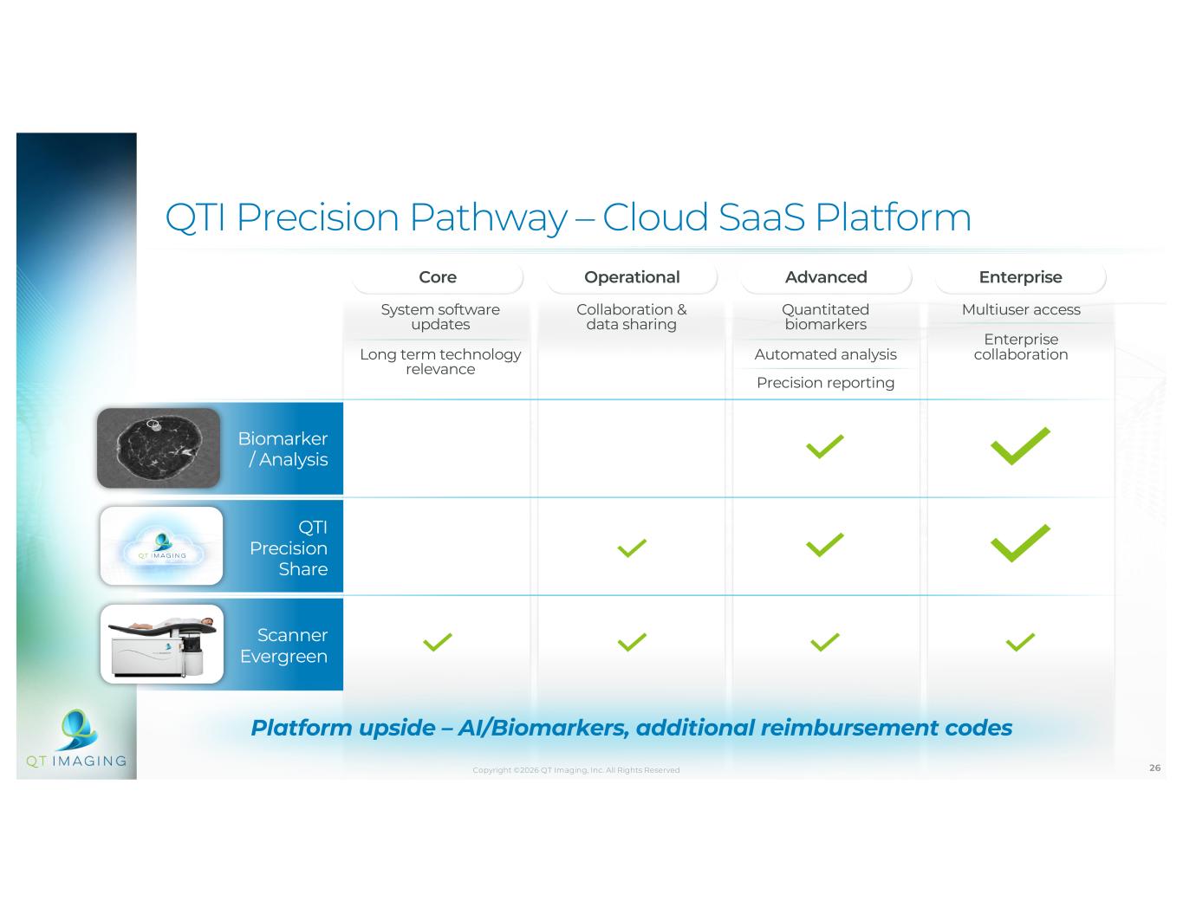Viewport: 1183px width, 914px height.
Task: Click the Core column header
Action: (x=438, y=277)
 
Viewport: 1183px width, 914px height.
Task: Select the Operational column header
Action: (x=632, y=277)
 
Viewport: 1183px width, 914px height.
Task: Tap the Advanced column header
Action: (x=826, y=277)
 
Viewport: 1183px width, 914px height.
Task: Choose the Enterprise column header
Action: (x=1020, y=277)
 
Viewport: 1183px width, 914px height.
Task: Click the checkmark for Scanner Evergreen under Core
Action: (x=437, y=642)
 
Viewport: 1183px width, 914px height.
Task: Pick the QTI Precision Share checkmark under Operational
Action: (x=632, y=548)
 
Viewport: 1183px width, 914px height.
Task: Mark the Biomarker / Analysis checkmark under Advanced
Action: (x=825, y=446)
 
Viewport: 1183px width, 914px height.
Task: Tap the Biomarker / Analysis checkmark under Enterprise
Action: (x=1020, y=446)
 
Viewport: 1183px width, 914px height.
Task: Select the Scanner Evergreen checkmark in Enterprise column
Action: (x=1020, y=642)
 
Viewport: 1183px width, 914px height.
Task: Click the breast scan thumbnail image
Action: (x=159, y=448)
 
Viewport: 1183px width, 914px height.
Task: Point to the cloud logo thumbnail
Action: (x=162, y=546)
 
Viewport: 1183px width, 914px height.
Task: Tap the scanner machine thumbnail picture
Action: (x=162, y=644)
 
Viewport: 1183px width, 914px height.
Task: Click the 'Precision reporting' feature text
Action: (x=825, y=382)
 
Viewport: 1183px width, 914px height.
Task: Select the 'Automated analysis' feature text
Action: (x=825, y=354)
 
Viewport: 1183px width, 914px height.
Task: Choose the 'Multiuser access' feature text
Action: (x=1021, y=309)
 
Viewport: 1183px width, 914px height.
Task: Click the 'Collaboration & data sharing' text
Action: (x=632, y=316)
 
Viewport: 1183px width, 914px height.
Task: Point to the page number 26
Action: (x=1154, y=768)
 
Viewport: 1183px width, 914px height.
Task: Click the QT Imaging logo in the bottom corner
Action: (x=77, y=738)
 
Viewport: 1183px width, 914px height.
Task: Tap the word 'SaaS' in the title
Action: (x=762, y=217)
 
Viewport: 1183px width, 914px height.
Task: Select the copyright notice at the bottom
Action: (x=576, y=770)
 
